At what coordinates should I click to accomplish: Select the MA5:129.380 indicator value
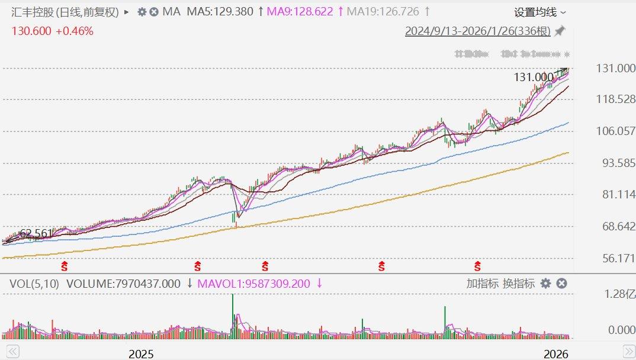point(220,12)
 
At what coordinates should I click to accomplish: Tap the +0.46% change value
point(75,31)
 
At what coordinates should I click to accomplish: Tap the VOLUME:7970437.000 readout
point(123,284)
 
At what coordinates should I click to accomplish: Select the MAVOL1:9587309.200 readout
point(253,284)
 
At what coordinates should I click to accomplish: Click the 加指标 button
point(482,284)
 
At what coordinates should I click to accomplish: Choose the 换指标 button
point(519,284)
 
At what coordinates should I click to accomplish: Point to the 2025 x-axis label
point(141,354)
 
